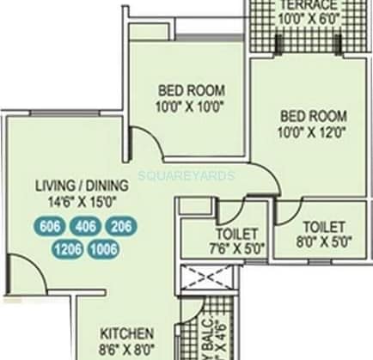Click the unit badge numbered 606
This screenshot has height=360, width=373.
pos(51,227)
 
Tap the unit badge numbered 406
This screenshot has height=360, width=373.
pos(85,227)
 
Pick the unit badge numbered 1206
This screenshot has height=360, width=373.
pos(65,250)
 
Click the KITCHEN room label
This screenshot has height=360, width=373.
pos(127,333)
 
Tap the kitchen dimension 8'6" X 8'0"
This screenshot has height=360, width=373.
pos(126,349)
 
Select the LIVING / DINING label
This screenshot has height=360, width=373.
pos(82,186)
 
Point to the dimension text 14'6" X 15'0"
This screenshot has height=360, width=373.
pos(82,202)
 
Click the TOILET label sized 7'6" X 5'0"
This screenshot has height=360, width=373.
pos(224,234)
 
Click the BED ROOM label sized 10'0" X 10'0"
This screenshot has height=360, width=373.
pos(191,89)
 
